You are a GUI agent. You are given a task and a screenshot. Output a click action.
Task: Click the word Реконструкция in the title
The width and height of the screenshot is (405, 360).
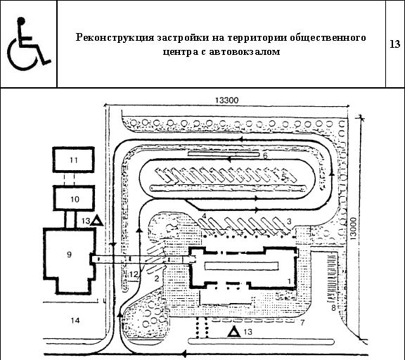(x=115, y=38)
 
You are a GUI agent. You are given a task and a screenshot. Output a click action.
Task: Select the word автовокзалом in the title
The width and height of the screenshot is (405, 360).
(x=245, y=51)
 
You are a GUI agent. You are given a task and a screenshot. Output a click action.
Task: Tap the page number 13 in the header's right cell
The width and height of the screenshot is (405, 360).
(x=395, y=44)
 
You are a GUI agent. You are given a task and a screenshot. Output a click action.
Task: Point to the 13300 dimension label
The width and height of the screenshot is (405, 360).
(x=227, y=101)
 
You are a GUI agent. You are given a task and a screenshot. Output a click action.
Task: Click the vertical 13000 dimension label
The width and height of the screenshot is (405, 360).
(x=353, y=229)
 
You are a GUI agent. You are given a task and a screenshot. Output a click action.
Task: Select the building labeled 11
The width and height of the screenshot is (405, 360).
(x=74, y=160)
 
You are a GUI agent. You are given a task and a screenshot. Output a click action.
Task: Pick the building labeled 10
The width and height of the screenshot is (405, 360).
(x=74, y=198)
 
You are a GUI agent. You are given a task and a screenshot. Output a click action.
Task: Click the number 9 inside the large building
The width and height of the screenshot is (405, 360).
(x=69, y=255)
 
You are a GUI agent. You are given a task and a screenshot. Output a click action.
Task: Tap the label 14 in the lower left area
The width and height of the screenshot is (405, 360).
(x=75, y=321)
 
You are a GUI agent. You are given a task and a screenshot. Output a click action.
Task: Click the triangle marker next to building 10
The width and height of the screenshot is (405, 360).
(x=97, y=221)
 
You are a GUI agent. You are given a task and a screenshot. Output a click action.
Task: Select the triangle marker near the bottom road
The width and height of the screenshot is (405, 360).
(x=234, y=332)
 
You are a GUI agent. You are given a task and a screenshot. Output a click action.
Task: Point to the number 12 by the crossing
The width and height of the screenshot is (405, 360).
(x=134, y=274)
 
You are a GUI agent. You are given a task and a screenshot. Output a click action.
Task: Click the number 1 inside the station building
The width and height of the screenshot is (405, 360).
(x=289, y=281)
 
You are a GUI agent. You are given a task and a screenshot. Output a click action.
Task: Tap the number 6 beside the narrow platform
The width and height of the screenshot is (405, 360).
(x=265, y=155)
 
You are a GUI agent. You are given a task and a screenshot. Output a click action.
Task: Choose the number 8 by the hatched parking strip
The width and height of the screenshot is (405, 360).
(x=333, y=308)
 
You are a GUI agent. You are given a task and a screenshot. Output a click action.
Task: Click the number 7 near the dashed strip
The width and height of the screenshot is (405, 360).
(x=302, y=323)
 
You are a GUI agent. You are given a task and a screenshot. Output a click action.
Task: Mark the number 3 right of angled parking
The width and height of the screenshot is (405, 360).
(x=289, y=221)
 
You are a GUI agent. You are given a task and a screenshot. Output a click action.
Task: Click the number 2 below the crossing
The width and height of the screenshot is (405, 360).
(x=157, y=279)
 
